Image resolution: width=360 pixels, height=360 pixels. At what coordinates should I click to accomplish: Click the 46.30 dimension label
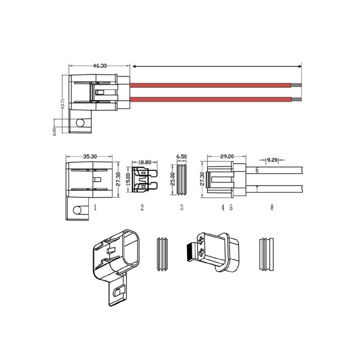99,66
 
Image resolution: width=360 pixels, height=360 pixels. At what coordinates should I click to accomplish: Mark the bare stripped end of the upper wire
297,84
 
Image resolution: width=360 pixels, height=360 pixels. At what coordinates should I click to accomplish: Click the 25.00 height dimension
172,180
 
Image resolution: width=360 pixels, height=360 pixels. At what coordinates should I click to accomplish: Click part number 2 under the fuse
142,207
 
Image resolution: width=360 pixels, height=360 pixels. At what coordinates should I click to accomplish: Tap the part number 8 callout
271,207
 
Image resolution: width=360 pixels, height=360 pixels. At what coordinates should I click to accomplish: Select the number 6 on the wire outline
256,171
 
